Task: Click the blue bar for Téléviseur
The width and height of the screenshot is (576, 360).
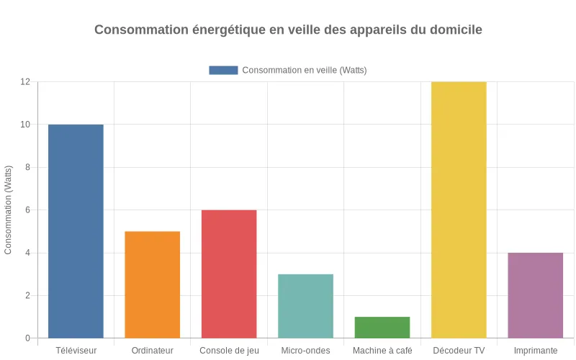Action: pos(76,230)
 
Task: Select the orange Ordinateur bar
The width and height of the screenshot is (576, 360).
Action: pos(153,284)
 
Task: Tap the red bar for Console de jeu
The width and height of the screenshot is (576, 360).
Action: pos(229,274)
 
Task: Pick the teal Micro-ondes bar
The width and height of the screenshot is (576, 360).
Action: pos(305,306)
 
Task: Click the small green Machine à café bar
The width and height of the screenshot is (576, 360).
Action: pos(382,328)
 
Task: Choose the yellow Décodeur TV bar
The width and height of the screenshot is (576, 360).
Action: pos(459,209)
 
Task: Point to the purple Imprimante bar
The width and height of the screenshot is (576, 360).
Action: pos(536,295)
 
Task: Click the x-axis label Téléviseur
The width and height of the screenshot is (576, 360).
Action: pos(76,351)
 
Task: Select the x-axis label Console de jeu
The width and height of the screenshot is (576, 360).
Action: pos(229,351)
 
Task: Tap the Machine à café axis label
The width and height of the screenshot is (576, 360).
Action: pos(382,351)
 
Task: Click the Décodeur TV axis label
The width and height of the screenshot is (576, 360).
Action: pos(459,351)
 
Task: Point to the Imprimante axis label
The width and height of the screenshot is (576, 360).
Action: pos(536,351)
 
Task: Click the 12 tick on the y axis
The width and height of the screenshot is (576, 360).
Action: pos(25,82)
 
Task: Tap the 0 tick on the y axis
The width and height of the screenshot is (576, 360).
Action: pos(27,338)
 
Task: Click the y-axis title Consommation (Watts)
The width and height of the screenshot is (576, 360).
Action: pos(9,210)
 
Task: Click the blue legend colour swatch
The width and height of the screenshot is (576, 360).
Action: pos(223,70)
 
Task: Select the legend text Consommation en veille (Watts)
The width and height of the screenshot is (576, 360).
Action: pos(305,70)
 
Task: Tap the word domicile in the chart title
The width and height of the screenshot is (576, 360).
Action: pos(456,30)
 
